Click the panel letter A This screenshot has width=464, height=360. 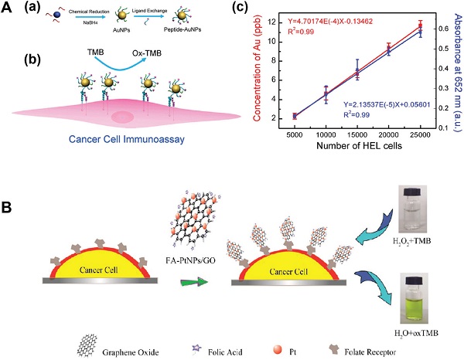(6, 9)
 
